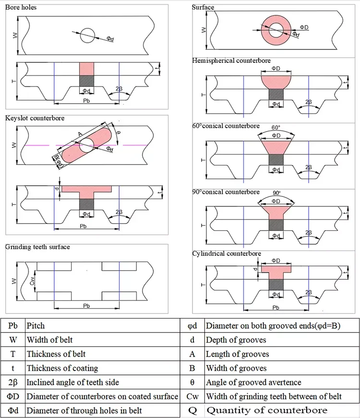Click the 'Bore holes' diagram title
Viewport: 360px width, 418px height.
[21, 8]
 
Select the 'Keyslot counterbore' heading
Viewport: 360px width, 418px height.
[35, 118]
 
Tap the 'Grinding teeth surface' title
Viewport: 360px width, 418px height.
[37, 247]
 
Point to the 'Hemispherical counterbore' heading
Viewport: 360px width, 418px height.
[231, 61]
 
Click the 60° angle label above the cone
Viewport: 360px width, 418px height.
[275, 129]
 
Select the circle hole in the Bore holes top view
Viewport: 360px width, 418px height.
[88, 36]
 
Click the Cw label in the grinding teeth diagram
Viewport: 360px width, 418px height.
[32, 283]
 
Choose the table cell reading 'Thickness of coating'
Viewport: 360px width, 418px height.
[62, 368]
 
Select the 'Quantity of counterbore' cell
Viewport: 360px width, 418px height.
[267, 410]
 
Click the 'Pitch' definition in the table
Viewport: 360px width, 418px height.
[36, 325]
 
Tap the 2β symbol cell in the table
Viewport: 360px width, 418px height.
[13, 382]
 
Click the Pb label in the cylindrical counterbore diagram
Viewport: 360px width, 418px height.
[276, 308]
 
